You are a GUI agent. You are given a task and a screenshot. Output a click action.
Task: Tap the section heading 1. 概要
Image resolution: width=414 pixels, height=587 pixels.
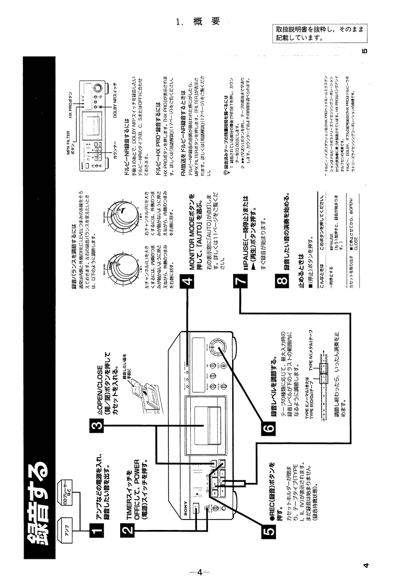pos(201,21)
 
